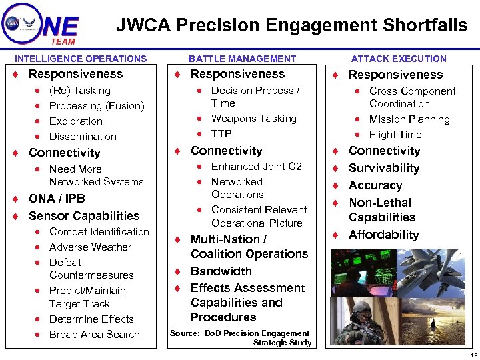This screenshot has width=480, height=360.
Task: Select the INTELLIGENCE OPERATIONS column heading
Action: point(81,59)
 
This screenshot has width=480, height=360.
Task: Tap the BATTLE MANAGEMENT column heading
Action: point(242,59)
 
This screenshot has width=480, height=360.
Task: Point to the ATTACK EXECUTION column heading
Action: point(399,59)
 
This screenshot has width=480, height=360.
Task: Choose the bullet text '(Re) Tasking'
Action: point(80,91)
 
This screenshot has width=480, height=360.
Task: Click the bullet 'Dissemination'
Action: point(83,137)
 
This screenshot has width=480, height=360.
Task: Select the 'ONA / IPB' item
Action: point(57,199)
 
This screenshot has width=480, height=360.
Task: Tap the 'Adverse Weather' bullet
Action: point(90,247)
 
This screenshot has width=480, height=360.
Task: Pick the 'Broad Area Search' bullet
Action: point(95,335)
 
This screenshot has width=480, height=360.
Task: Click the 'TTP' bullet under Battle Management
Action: point(221,134)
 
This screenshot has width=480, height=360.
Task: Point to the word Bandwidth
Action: point(221,271)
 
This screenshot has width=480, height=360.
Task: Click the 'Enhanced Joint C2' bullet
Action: point(257,167)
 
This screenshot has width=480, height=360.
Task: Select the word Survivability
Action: point(384,168)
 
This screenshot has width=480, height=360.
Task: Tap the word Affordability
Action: point(384,235)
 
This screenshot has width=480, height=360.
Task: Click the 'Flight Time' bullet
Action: point(395,135)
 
